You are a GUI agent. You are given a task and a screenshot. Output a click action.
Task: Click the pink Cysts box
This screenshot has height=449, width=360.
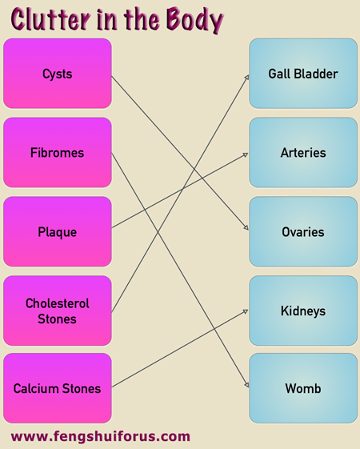tap(58, 74)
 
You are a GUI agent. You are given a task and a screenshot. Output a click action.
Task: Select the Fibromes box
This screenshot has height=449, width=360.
tap(58, 152)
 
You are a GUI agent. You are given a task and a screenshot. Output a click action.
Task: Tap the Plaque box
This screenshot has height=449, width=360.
tap(58, 231)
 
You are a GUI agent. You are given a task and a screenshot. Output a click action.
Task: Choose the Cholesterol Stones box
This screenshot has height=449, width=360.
tap(58, 311)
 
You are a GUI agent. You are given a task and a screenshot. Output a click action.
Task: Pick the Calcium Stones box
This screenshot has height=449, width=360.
tap(58, 388)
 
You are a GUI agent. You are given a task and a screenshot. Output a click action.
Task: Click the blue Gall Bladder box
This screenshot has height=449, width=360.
tap(303, 74)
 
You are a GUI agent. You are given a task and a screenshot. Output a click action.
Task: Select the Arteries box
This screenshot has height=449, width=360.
tap(303, 152)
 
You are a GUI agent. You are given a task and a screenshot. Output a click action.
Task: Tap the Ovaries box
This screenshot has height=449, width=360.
tap(303, 231)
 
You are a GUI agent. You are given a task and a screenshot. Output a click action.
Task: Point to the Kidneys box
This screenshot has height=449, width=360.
tap(303, 311)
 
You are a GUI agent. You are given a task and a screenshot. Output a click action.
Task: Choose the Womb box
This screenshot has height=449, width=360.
tap(303, 388)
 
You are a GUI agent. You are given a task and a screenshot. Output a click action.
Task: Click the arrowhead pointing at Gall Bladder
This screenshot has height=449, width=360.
tap(247, 78)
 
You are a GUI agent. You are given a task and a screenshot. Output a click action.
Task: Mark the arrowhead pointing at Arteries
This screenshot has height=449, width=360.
tap(246, 154)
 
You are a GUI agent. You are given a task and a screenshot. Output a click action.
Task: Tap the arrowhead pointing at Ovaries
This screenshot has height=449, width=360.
tap(246, 227)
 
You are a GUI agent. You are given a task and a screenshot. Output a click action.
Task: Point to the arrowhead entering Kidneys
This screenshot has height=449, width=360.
tap(246, 311)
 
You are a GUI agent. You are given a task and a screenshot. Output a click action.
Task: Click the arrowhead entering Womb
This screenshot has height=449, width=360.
tap(246, 385)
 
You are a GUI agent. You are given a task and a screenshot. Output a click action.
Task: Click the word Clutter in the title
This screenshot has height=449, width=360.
tap(50, 19)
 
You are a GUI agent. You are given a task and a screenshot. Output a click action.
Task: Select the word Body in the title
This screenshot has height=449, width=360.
tap(194, 19)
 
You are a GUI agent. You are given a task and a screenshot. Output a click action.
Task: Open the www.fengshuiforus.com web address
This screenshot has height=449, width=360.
tap(101, 437)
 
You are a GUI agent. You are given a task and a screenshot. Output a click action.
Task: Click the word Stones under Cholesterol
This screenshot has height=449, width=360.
tap(58, 319)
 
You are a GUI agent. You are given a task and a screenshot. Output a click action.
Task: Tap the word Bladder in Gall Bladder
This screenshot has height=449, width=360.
tap(316, 74)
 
